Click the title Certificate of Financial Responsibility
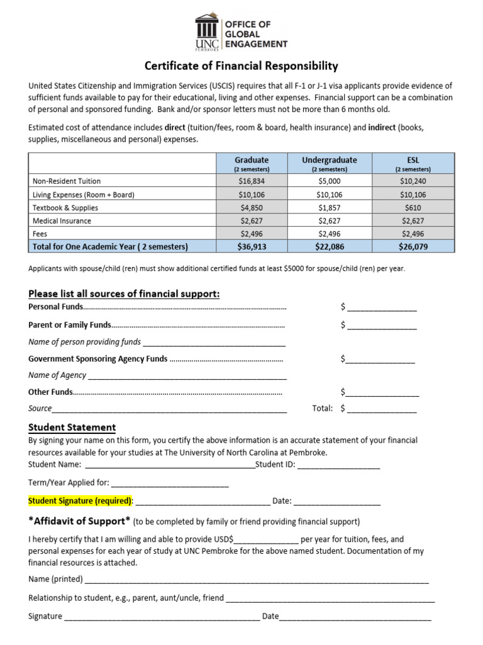(241, 66)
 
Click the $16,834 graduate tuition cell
(252, 181)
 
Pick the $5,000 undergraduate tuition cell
(329, 181)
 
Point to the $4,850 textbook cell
(252, 208)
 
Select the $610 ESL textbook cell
(413, 208)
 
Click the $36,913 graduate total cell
(252, 247)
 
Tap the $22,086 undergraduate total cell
(329, 247)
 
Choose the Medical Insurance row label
(62, 221)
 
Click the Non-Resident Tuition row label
(66, 181)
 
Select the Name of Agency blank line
(187, 377)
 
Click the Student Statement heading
(72, 428)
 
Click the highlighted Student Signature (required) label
(80, 501)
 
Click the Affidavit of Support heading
(79, 521)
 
